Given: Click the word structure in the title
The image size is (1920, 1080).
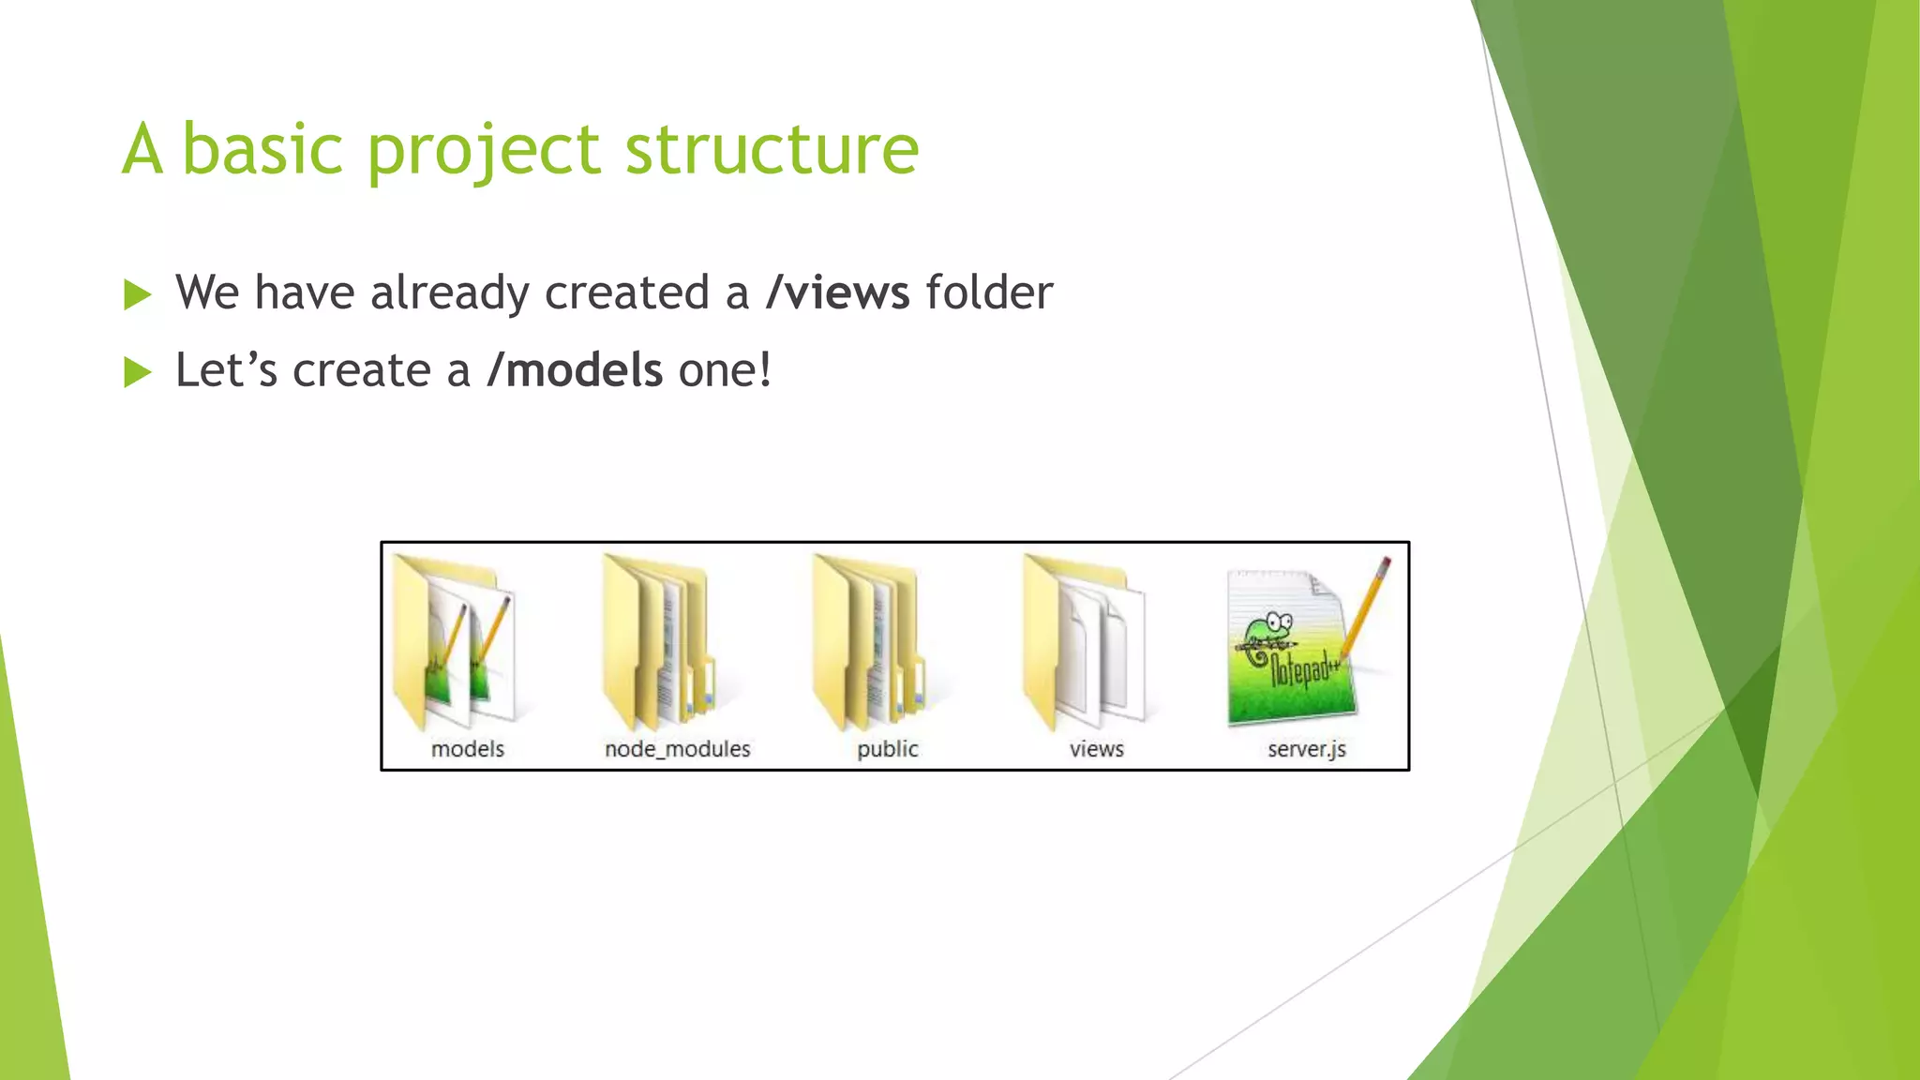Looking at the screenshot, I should point(771,150).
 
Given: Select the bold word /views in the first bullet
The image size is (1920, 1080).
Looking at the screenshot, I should point(837,292).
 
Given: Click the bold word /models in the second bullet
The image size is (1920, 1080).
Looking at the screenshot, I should point(575,370).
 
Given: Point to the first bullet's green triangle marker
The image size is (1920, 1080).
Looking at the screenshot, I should point(137,295).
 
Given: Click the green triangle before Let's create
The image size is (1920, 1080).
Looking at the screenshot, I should point(137,373).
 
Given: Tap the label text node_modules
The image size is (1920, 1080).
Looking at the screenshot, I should point(677,749).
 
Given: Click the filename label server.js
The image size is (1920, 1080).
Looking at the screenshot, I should point(1306,749).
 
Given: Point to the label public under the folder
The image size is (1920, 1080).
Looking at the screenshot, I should point(887,749).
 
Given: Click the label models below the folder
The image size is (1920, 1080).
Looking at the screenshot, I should point(467,749).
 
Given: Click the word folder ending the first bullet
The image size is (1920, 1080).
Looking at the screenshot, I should point(989,292).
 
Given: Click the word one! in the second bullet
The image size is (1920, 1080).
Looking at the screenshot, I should point(725,370).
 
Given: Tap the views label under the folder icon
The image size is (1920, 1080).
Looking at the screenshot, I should point(1096,749).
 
